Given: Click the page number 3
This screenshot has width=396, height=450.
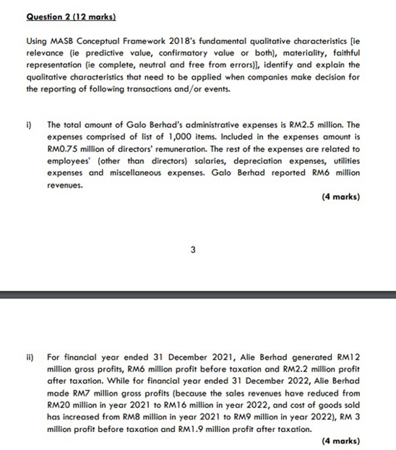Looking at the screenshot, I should pos(193,251).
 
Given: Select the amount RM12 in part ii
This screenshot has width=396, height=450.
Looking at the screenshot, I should pos(348,357).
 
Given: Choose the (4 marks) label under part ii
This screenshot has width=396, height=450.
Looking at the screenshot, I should pos(340,439).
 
